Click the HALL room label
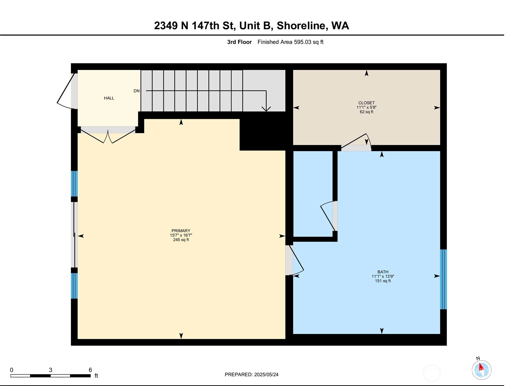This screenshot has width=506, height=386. click(109, 98)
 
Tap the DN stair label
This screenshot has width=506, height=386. click(136, 91)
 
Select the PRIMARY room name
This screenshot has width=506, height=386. click(181, 231)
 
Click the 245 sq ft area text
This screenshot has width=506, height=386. click(181, 240)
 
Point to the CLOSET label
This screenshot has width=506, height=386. click(366, 103)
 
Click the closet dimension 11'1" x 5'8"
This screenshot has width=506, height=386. click(366, 107)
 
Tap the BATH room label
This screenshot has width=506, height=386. click(383, 272)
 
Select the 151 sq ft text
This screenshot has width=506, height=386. click(383, 281)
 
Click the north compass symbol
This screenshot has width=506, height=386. click(481, 370)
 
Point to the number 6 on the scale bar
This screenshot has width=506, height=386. click(90, 370)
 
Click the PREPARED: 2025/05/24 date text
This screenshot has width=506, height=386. click(252, 375)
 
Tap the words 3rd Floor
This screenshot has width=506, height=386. click(239, 42)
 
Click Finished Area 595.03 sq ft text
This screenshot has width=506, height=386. click(291, 42)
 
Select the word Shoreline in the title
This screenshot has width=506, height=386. click(302, 26)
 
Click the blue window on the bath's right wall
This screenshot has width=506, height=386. click(443, 279)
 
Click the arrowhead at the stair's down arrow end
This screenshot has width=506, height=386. click(266, 109)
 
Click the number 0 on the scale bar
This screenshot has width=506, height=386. click(11, 370)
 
